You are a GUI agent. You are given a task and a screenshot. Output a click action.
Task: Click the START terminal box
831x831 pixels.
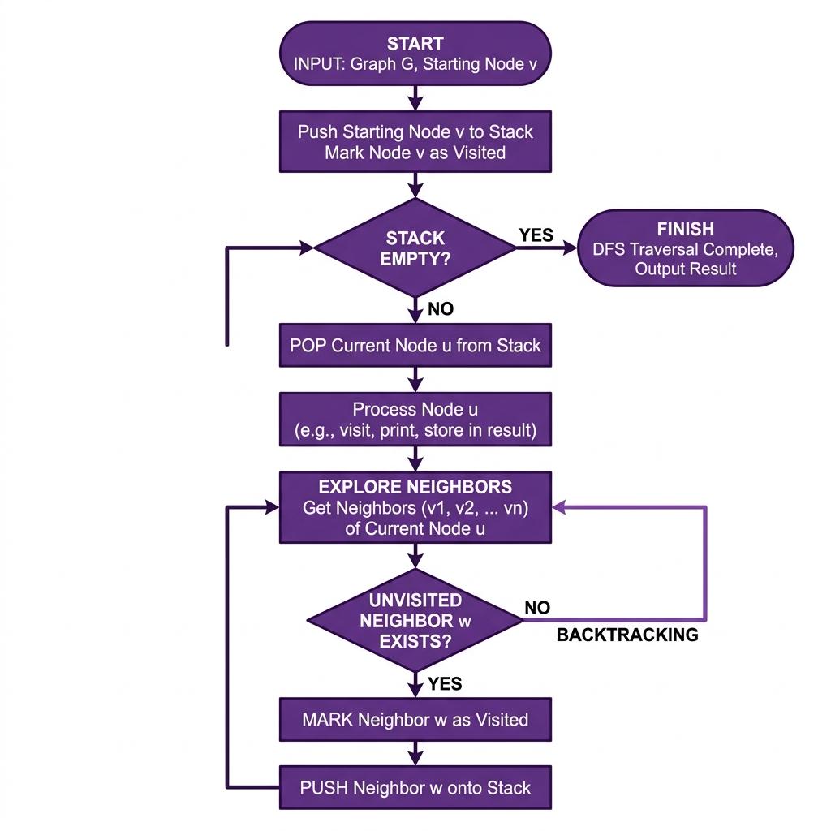point(415,54)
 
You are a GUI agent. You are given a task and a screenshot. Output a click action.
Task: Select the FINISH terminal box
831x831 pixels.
point(686,248)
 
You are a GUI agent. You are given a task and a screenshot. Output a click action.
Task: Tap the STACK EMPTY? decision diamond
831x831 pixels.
point(415,248)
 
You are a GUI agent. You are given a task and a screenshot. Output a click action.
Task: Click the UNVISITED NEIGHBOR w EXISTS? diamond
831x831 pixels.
point(415,620)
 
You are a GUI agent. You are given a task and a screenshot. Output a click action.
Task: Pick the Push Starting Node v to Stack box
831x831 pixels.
point(415,142)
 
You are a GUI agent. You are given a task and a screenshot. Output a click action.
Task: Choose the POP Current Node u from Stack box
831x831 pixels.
point(415,346)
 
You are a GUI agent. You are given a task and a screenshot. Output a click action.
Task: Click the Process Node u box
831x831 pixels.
point(415,420)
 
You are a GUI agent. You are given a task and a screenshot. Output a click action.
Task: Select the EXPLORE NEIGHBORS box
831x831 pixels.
point(415,507)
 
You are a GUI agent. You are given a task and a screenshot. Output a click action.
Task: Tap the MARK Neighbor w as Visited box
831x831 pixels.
point(415,719)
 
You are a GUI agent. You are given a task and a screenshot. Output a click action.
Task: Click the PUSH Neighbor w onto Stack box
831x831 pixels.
point(415,787)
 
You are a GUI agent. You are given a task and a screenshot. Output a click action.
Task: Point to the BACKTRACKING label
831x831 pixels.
point(627,635)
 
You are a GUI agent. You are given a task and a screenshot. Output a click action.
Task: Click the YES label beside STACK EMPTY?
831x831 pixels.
point(536,235)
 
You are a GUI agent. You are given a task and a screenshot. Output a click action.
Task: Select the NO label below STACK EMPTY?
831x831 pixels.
point(440,309)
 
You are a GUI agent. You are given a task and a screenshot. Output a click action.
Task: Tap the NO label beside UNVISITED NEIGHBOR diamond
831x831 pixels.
point(537,608)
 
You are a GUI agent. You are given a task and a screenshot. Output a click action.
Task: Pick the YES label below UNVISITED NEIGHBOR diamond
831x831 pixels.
point(444,683)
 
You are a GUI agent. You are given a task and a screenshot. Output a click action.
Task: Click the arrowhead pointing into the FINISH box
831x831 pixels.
point(568,248)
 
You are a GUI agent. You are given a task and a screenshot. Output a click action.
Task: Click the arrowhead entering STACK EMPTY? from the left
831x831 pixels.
point(305,248)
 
